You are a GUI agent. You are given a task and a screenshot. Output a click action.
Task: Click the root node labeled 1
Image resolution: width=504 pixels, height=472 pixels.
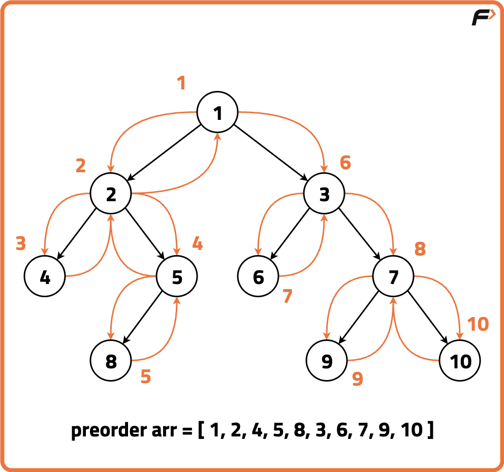click(217, 113)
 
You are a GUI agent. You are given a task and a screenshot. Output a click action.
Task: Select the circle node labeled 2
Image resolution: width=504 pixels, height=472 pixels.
click(111, 194)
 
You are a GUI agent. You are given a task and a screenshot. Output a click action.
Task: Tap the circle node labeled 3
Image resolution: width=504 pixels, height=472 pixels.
click(324, 194)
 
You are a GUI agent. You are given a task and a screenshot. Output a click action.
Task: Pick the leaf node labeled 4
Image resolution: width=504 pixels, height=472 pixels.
click(45, 277)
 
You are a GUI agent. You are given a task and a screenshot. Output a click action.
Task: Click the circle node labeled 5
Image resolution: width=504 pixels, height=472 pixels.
click(176, 277)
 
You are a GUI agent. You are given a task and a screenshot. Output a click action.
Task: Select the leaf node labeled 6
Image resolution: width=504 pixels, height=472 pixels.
click(258, 277)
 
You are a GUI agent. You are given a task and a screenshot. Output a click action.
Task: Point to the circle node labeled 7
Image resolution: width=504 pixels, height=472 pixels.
click(393, 277)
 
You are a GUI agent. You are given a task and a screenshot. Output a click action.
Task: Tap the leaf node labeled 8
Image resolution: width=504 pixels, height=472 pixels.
click(111, 361)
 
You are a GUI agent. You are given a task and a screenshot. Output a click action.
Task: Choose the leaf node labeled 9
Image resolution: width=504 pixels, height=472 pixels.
click(327, 361)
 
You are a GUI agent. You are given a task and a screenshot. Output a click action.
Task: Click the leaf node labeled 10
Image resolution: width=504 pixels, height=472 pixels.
click(460, 361)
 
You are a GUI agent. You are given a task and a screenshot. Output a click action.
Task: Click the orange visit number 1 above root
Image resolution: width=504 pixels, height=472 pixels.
click(181, 83)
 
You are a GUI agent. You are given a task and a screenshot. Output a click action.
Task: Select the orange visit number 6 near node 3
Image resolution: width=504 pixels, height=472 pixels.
click(345, 163)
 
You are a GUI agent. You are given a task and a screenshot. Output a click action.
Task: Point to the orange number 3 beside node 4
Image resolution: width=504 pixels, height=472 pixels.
click(20, 244)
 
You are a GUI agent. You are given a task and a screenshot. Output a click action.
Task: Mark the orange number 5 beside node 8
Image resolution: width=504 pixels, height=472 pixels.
click(146, 377)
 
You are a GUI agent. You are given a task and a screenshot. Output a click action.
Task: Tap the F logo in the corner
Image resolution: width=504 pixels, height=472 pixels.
click(483, 18)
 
